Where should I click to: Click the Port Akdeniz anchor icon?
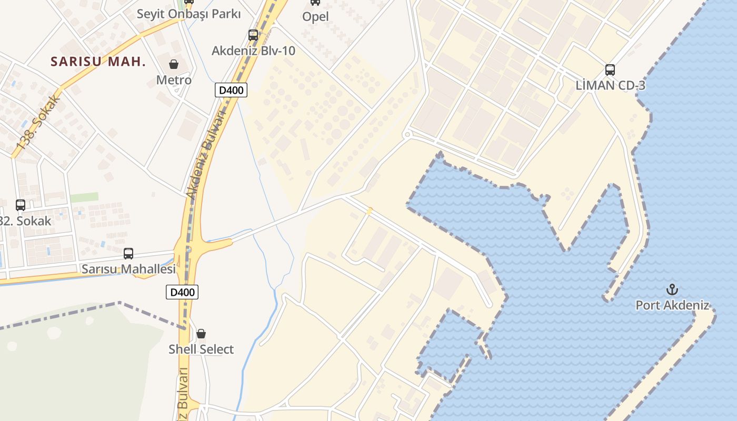[x=672, y=289]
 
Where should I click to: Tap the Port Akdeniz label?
[x=672, y=305]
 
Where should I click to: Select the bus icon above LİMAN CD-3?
[x=610, y=69]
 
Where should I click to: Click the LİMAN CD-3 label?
[x=610, y=85]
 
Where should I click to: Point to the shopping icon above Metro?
[x=174, y=64]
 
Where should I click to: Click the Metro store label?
[x=174, y=80]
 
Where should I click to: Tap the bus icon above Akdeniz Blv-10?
[x=253, y=35]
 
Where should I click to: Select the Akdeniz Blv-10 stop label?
[x=253, y=51]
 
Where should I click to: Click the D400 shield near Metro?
[x=231, y=90]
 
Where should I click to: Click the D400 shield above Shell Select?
[x=182, y=292]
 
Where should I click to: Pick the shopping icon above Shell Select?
[x=201, y=333]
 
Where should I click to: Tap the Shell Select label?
[x=201, y=349]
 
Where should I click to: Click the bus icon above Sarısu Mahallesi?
[x=128, y=254]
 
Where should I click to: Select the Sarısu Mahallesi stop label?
[x=128, y=269]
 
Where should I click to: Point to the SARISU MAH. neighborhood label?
[x=98, y=62]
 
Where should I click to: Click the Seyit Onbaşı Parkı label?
[x=188, y=14]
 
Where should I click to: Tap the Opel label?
[x=315, y=17]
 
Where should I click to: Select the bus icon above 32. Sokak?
[x=21, y=205]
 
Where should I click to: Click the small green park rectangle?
[x=84, y=197]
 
